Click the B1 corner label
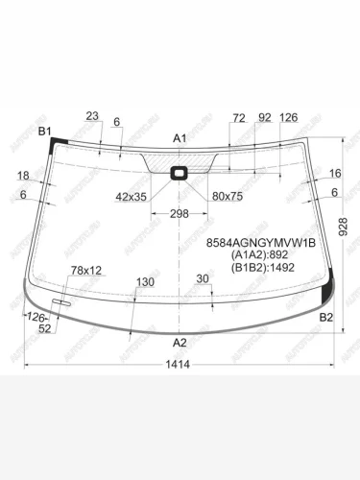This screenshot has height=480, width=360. [x=45, y=131]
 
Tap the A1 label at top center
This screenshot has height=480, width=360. [x=180, y=139]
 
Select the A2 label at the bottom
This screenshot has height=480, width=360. [x=180, y=343]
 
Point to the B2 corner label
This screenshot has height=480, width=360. [x=325, y=317]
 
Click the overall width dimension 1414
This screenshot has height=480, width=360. [x=179, y=364]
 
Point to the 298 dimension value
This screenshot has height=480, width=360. [x=180, y=213]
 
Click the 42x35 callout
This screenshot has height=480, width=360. [x=132, y=196]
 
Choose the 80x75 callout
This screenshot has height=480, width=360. [x=228, y=196]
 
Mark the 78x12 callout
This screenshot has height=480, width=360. [x=86, y=271]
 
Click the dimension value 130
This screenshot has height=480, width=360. [x=145, y=282]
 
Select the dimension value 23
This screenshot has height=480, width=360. [x=92, y=116]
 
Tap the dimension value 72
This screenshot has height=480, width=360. [x=239, y=117]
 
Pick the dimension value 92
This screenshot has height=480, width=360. [x=264, y=117]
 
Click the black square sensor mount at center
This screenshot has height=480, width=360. [x=180, y=174]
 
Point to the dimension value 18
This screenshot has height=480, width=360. [x=23, y=176]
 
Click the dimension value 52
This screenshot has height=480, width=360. [x=45, y=329]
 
